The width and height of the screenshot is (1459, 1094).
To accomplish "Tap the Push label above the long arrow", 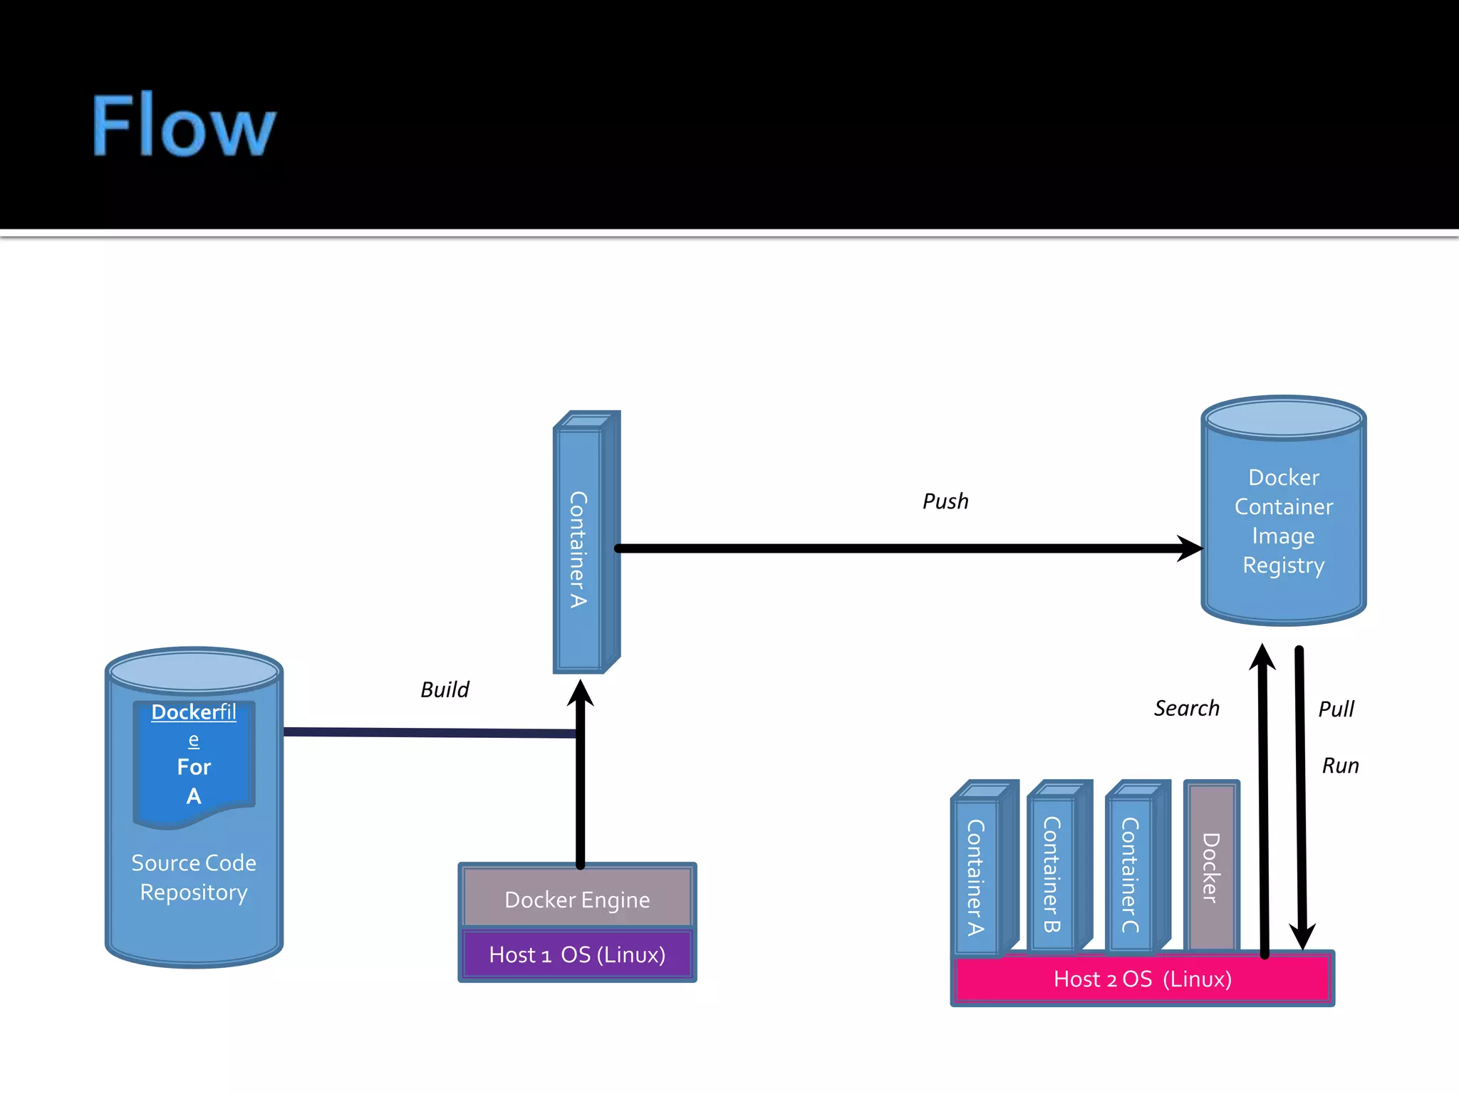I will tap(945, 501).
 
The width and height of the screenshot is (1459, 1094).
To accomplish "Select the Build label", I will tap(445, 689).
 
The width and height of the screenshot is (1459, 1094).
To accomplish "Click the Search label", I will tap(1186, 708).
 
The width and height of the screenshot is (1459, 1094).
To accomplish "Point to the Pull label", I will tap(1336, 709).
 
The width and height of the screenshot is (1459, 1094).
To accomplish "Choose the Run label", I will tap(1340, 766).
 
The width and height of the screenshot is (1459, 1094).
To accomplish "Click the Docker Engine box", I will tap(577, 899).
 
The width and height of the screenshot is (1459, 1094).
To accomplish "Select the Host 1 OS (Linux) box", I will tap(577, 954).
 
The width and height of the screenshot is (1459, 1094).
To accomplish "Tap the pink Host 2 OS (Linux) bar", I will tap(1142, 979).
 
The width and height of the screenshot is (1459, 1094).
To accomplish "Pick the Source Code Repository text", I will tap(194, 877).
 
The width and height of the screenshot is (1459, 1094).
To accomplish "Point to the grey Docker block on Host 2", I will tap(1210, 867).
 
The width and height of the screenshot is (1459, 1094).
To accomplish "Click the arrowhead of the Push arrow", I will tap(1191, 548).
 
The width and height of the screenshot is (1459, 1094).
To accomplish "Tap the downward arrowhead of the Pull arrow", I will tap(1302, 936).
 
